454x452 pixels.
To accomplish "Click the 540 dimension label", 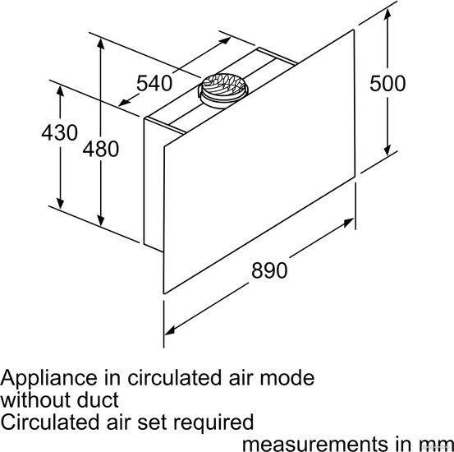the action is (x=154, y=83).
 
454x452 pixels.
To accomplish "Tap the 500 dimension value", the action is (x=388, y=84).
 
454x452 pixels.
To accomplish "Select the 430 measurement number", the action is (x=60, y=133).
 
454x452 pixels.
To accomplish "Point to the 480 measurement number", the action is (x=101, y=149).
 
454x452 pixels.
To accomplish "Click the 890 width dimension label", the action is (x=269, y=270).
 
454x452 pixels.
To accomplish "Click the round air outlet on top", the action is (x=223, y=90).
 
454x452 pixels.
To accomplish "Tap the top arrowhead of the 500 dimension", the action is (x=388, y=15).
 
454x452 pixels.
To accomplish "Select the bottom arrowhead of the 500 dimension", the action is (x=388, y=150).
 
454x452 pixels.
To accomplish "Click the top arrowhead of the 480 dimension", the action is (x=100, y=44).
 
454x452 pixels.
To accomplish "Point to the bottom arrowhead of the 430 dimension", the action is (x=60, y=203).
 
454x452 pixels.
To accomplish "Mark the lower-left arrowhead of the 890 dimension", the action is (x=170, y=330).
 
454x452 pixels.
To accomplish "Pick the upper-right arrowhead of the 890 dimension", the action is (x=348, y=223).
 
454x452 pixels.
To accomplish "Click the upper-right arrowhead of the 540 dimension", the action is (x=225, y=40).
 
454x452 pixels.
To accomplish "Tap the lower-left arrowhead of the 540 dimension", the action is (x=125, y=103).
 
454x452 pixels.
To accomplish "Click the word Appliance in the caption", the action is (x=48, y=379).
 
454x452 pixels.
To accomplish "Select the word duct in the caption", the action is (x=98, y=400).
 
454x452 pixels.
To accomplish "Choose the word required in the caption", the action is (x=213, y=422).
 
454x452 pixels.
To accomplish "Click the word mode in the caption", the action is (x=287, y=378).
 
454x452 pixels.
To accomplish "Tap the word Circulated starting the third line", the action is (x=51, y=422).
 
